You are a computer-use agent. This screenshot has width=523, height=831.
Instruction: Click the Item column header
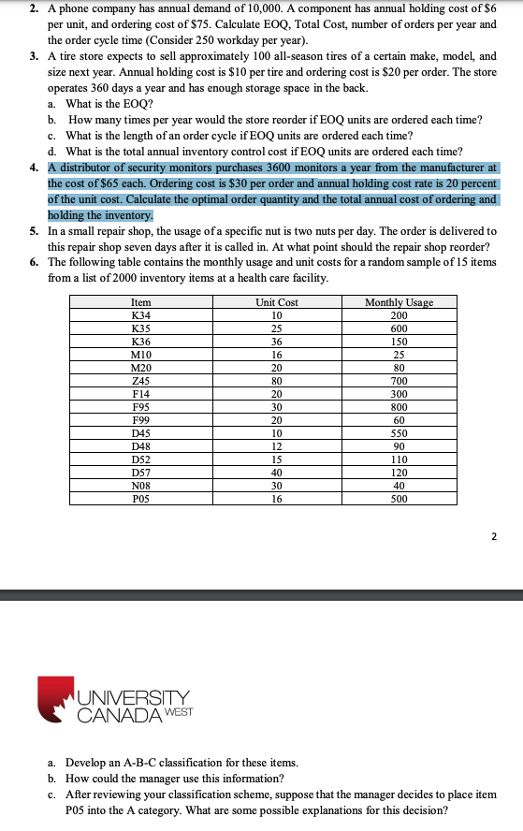point(141,302)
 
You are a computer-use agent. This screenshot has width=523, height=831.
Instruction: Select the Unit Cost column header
point(277,302)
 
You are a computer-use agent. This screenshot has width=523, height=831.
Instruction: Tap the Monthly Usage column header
point(400,302)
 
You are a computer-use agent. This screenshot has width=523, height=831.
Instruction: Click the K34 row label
point(141,315)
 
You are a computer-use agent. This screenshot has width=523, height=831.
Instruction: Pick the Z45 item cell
point(141,381)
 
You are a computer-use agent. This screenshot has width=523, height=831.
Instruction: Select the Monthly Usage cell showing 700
point(400,381)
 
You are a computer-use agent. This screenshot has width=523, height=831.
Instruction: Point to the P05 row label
point(141,499)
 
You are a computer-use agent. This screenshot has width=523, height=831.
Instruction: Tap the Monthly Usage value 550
point(400,433)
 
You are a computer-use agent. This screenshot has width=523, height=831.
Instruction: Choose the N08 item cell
point(141,486)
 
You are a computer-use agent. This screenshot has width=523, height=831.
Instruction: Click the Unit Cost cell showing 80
point(277,381)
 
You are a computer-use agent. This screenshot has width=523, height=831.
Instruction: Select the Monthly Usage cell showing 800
point(400,407)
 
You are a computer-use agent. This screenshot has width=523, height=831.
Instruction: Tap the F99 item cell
point(141,420)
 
